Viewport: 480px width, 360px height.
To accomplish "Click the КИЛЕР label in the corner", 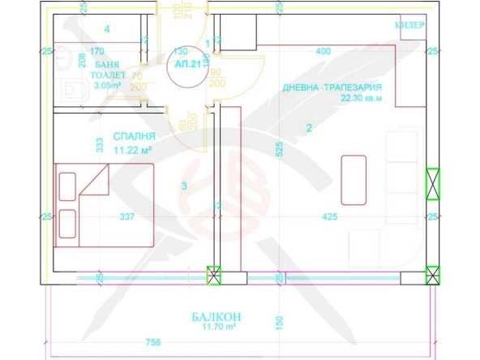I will (x=409, y=25).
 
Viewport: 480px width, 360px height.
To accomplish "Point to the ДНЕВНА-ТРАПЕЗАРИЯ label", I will (x=332, y=88).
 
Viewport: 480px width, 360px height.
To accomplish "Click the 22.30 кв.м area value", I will (x=361, y=99).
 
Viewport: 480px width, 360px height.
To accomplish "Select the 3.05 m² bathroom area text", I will (x=108, y=84).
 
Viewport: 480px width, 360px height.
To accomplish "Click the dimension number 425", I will (x=329, y=216).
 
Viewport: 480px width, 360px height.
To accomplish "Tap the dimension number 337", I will (x=126, y=216).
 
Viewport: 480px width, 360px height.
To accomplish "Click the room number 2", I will (x=310, y=127).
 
